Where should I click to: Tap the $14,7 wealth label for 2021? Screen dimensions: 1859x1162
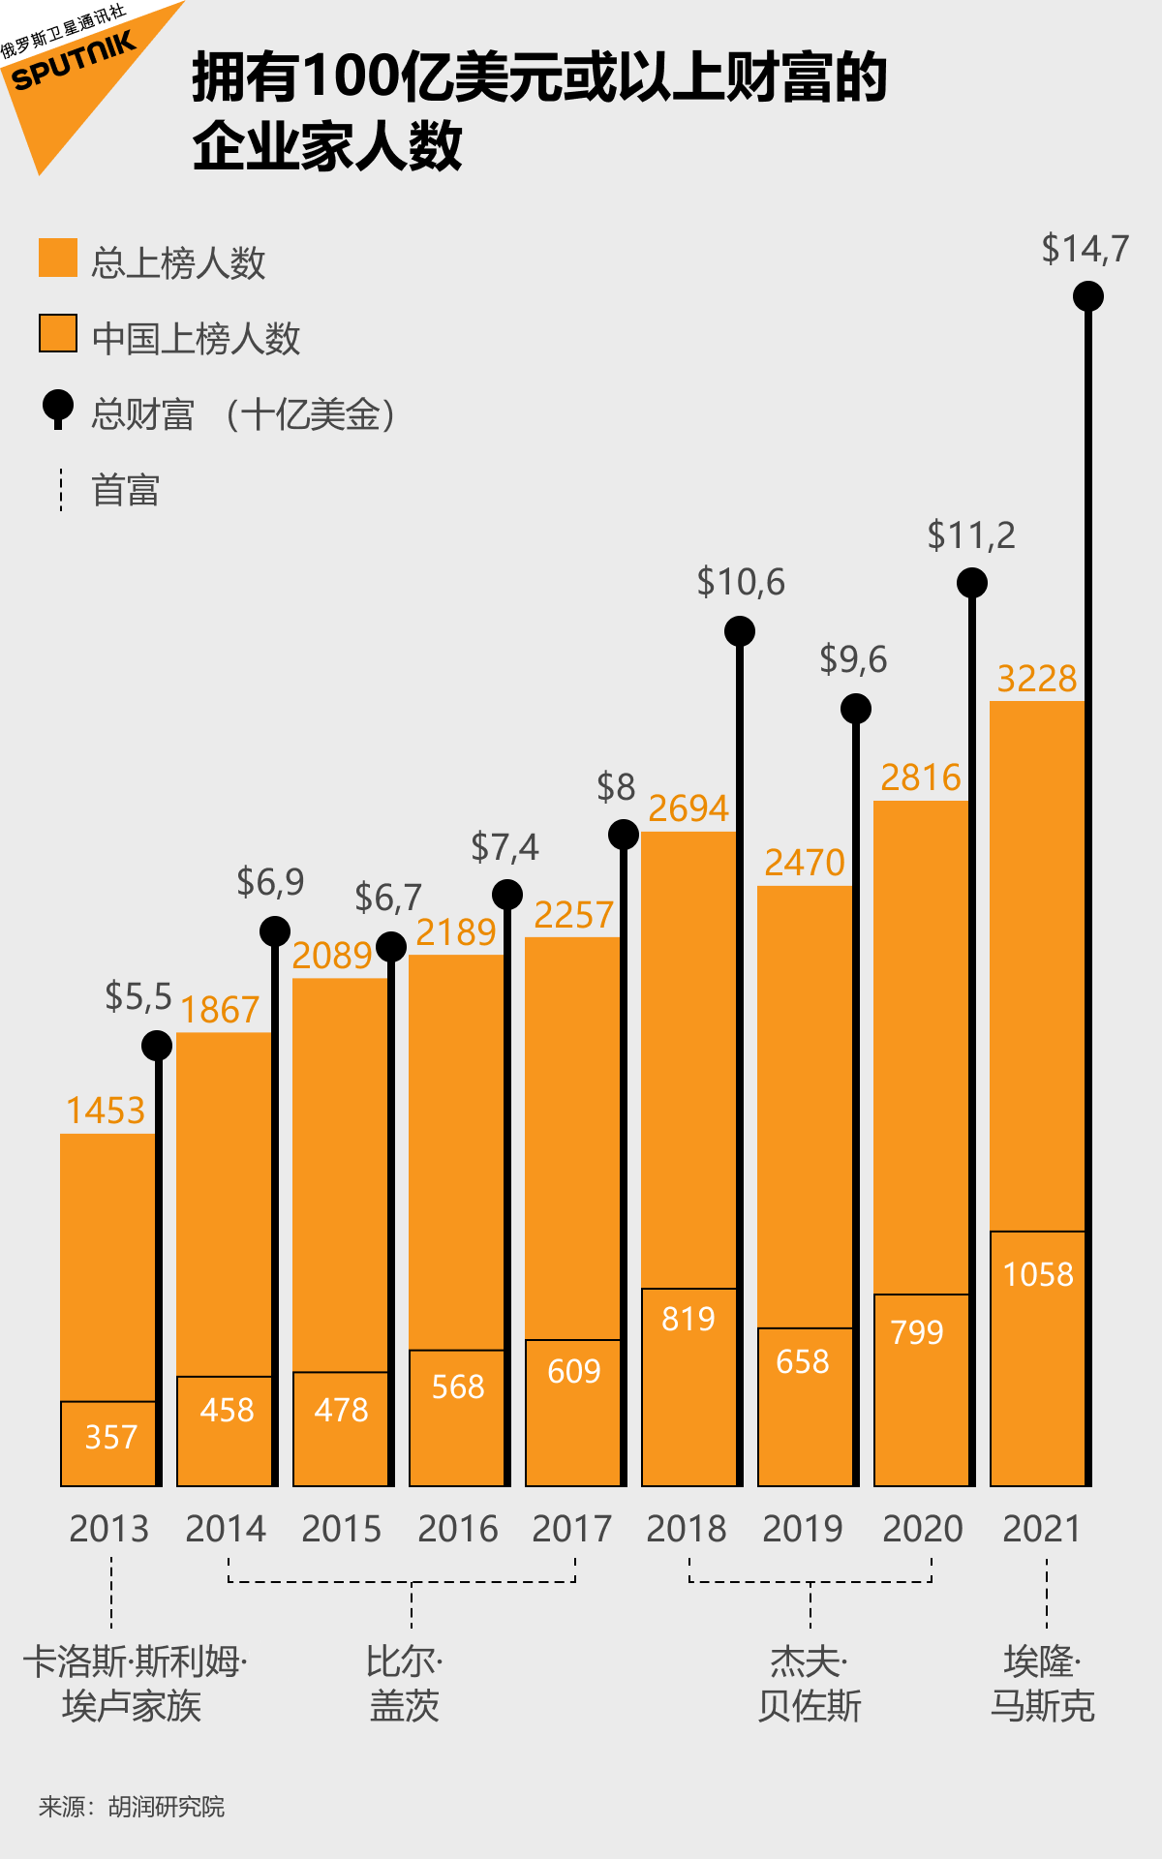click(1085, 249)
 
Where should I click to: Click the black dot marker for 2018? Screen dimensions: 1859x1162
click(740, 631)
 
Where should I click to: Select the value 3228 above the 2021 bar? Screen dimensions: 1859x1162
click(1036, 679)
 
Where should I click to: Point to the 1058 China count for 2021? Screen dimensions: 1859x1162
click(1038, 1274)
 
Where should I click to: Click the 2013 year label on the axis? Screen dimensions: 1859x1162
click(108, 1529)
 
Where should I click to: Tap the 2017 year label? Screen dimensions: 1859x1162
click(571, 1529)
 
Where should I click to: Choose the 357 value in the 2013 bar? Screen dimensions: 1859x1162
click(110, 1437)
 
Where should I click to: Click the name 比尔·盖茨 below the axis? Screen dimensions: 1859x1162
click(405, 1684)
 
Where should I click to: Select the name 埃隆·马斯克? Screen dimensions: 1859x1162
click(1042, 1684)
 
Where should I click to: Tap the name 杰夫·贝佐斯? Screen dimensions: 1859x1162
click(810, 1684)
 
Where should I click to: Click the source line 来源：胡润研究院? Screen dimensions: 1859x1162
click(132, 1807)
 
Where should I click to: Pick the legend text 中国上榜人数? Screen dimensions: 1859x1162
click(196, 339)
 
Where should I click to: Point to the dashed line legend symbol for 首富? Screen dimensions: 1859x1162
click(61, 490)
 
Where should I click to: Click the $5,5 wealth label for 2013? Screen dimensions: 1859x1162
click(138, 996)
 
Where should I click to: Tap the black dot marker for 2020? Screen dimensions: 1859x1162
click(972, 583)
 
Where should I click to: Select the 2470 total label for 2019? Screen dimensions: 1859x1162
click(804, 863)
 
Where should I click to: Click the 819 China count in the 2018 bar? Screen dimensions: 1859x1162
click(688, 1319)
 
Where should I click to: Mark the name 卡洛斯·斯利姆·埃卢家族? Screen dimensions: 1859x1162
click(134, 1684)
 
